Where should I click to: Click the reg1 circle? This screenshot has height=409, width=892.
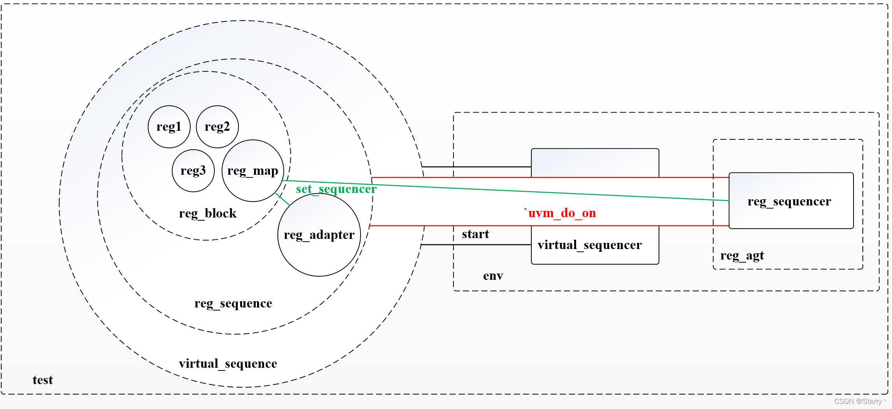click(169, 127)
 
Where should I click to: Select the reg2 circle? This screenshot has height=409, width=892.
click(217, 127)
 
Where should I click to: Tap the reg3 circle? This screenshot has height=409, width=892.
click(193, 171)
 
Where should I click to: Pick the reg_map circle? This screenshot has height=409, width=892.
click(253, 171)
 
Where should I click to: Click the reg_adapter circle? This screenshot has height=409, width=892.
click(319, 235)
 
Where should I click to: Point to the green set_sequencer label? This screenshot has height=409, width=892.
click(336, 189)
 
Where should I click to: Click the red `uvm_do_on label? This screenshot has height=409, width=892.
click(560, 213)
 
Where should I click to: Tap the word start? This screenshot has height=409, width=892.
click(475, 234)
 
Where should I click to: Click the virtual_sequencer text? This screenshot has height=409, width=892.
click(590, 245)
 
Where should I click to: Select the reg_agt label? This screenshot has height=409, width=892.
click(742, 256)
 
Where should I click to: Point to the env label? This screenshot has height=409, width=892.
click(493, 276)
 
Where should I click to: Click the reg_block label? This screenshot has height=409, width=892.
click(208, 214)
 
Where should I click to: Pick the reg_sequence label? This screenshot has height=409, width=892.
click(233, 304)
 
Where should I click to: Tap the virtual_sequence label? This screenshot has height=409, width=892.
click(228, 364)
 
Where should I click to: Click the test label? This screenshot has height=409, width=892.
click(43, 380)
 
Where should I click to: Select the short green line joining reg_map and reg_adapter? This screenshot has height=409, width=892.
click(282, 199)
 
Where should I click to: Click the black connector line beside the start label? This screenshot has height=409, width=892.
click(477, 245)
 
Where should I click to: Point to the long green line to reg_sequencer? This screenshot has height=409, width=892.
click(506, 191)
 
